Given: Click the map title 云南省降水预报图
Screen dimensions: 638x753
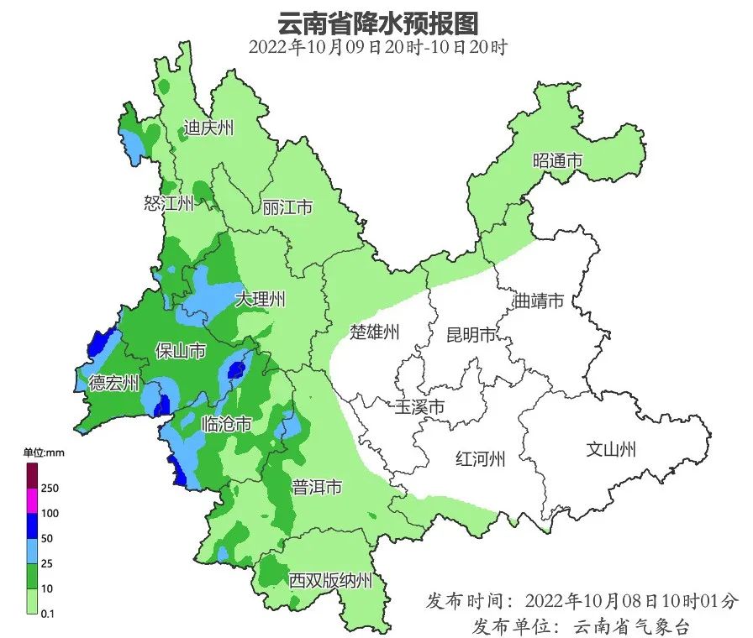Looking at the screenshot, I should (376, 20).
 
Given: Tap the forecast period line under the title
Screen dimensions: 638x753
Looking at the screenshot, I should (376, 47).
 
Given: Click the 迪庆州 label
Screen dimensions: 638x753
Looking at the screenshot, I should (209, 128).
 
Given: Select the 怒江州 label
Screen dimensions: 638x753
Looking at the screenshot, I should (169, 203).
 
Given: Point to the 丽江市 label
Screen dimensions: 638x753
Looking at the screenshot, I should (287, 207).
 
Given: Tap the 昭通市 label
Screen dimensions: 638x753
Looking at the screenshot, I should (557, 160).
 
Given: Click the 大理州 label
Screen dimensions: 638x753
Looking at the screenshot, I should (261, 300).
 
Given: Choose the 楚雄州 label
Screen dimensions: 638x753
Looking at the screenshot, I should (375, 332).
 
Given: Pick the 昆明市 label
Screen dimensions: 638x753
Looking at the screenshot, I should (471, 335).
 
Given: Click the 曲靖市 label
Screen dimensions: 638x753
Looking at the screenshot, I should (538, 301).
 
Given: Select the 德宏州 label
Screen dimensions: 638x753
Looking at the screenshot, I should (114, 384).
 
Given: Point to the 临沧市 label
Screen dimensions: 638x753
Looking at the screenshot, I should (227, 425).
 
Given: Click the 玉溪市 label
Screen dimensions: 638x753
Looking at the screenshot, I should (419, 407).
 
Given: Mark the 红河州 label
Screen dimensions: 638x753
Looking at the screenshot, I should (480, 459).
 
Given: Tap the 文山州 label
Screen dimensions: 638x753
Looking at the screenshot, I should (611, 449).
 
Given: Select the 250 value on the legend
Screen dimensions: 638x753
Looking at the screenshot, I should (50, 488).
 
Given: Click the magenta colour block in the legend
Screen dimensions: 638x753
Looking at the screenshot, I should (31, 500).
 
